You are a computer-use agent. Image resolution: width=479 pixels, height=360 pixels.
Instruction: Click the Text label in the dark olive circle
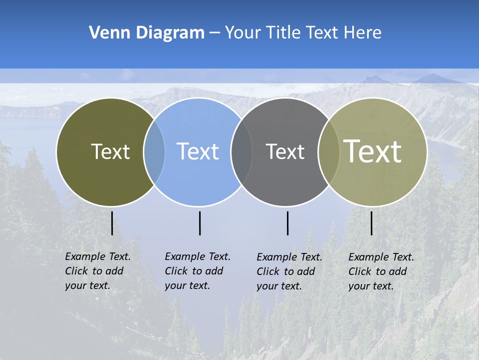[110, 151]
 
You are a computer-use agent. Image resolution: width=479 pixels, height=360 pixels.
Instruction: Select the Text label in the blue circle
[198, 151]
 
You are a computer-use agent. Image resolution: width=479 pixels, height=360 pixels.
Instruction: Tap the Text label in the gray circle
[285, 151]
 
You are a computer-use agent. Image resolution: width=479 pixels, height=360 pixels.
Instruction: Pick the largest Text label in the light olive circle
[373, 151]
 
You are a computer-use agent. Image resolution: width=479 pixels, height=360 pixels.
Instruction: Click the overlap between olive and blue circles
[154, 151]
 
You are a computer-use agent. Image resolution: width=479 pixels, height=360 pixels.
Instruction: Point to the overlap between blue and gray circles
[241, 151]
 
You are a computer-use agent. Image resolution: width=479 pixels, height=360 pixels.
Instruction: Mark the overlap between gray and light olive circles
[328, 151]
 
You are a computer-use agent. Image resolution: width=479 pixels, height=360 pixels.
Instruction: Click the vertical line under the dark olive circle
[112, 223]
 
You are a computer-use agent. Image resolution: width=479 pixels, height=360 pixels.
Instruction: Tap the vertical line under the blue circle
[200, 223]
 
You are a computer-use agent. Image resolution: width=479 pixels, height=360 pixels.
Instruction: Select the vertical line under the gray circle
[287, 223]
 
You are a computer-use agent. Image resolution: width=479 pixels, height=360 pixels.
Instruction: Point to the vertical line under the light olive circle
[371, 223]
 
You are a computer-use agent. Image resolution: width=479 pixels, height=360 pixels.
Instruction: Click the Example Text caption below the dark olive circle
[97, 271]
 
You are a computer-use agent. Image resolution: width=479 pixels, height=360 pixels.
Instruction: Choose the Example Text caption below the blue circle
[197, 271]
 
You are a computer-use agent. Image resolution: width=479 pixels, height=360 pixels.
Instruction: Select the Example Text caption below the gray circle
[289, 271]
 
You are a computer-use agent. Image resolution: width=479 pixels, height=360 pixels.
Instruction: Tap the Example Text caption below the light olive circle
[381, 271]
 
